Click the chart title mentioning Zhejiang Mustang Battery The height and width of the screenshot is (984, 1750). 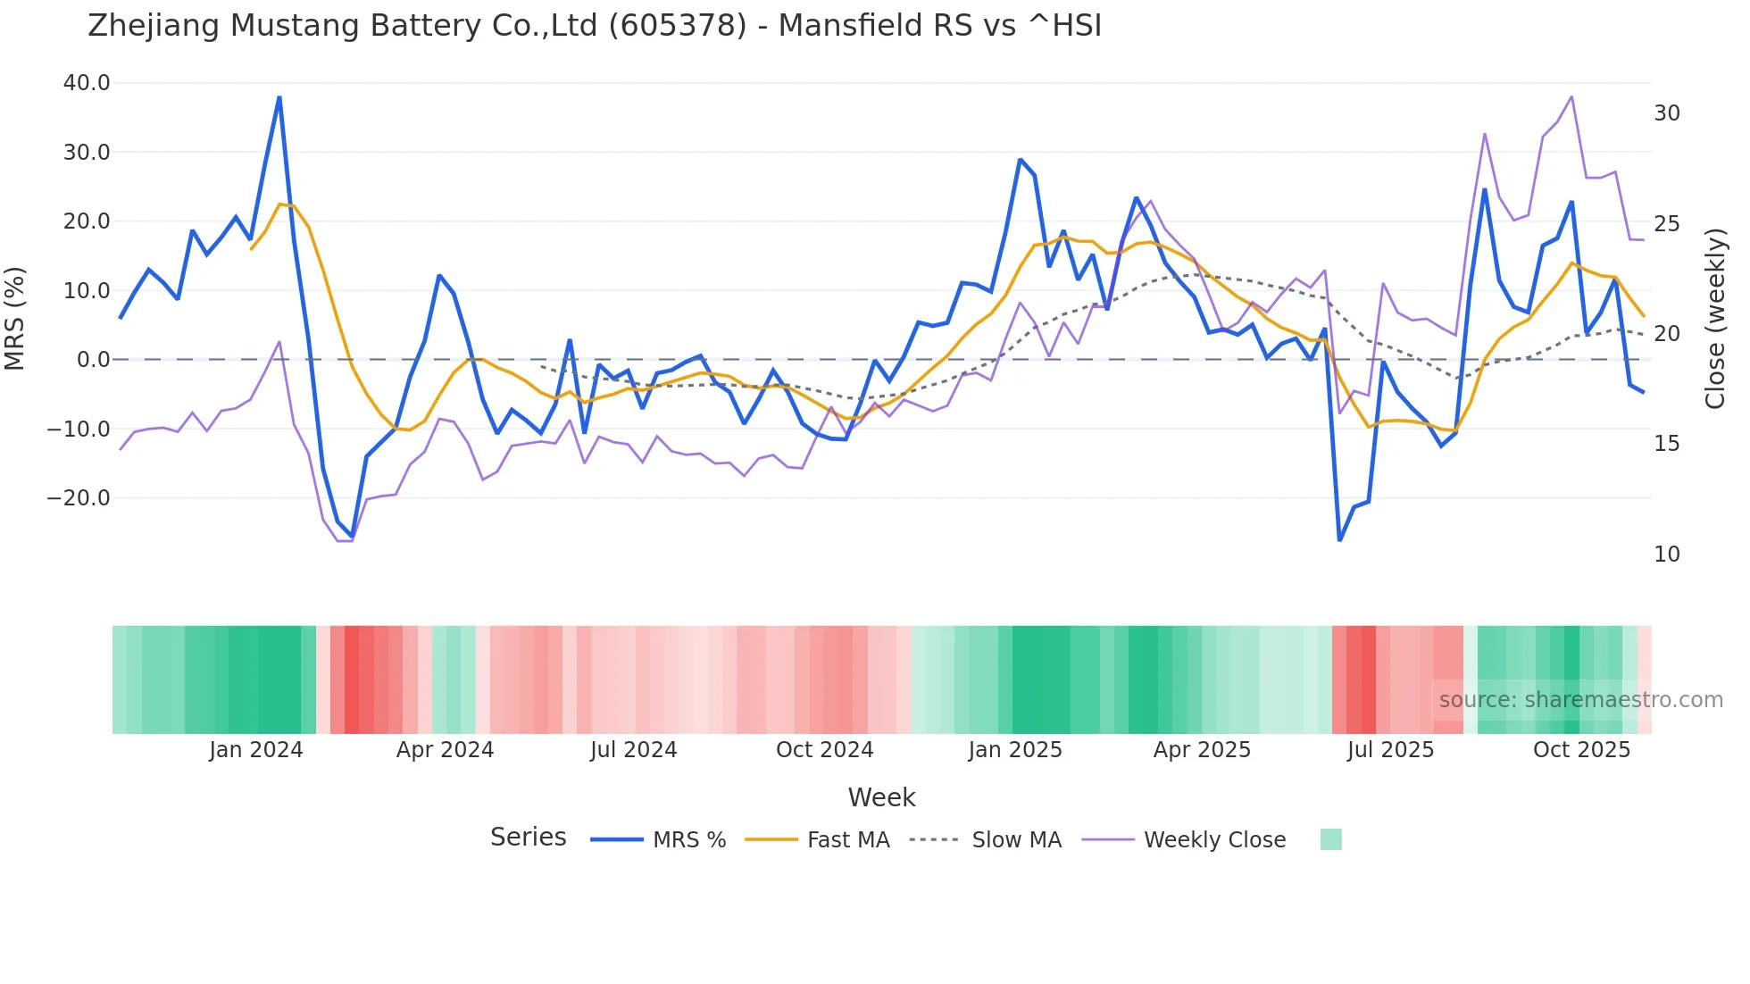pyautogui.click(x=595, y=25)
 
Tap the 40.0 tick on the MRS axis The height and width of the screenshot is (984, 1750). pyautogui.click(x=87, y=83)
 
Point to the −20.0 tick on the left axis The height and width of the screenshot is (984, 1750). pyautogui.click(x=79, y=498)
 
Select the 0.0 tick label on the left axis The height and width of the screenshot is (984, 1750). pyautogui.click(x=93, y=360)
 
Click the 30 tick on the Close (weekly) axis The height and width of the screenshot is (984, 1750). pyautogui.click(x=1666, y=113)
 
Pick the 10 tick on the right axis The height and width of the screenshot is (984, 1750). pyautogui.click(x=1666, y=555)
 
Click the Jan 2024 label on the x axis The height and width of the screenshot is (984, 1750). pyautogui.click(x=256, y=750)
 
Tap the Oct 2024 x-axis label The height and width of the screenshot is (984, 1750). pyautogui.click(x=824, y=750)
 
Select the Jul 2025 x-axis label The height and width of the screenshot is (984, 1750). pyautogui.click(x=1390, y=750)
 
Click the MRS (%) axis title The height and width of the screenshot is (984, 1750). pyautogui.click(x=15, y=318)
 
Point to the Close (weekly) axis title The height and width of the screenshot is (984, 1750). pyautogui.click(x=1715, y=318)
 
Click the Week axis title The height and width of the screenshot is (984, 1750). pyautogui.click(x=881, y=797)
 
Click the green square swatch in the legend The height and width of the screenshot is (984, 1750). pyautogui.click(x=1330, y=839)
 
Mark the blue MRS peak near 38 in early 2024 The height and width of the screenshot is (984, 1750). pyautogui.click(x=279, y=97)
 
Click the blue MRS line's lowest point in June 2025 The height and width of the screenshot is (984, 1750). pyautogui.click(x=1339, y=540)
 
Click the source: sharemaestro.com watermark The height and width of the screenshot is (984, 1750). pyautogui.click(x=1580, y=700)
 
